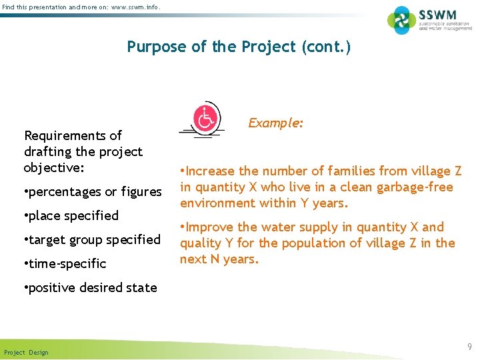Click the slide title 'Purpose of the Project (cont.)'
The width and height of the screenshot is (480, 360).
pyautogui.click(x=239, y=47)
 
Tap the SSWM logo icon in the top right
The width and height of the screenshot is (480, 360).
pyautogui.click(x=401, y=20)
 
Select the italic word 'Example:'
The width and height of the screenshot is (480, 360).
pyautogui.click(x=276, y=123)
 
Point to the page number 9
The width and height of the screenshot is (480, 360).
pyautogui.click(x=469, y=347)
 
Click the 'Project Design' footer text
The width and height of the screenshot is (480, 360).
pyautogui.click(x=26, y=352)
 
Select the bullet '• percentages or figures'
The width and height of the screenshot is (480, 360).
pyautogui.click(x=93, y=192)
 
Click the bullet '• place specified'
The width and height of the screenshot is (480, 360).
pyautogui.click(x=71, y=216)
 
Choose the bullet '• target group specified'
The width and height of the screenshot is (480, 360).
pyautogui.click(x=92, y=240)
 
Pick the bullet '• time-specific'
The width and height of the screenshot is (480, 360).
pyautogui.click(x=65, y=264)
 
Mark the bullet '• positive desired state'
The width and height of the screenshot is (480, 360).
pyautogui.click(x=90, y=288)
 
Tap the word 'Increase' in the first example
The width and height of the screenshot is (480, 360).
pyautogui.click(x=212, y=171)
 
